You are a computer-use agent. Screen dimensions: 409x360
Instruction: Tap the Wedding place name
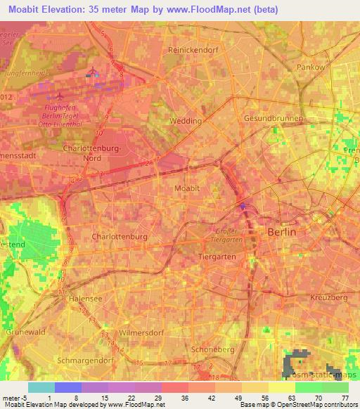coord(186,121)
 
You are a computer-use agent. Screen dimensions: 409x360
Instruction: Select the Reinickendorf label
coord(194,51)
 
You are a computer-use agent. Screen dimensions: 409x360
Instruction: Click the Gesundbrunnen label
coord(273,119)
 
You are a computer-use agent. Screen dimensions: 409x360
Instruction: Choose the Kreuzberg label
coord(329,298)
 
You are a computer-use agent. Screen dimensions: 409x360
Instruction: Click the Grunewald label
coord(25,328)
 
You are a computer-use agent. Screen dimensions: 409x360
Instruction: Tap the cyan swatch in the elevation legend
coord(41,387)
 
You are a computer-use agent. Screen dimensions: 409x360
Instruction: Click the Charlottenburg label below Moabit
coord(120,237)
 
